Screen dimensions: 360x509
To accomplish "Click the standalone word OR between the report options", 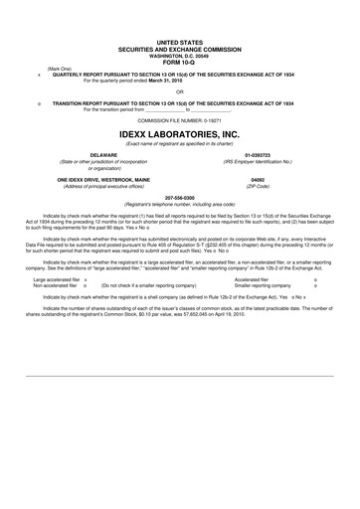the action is (x=180, y=90).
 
